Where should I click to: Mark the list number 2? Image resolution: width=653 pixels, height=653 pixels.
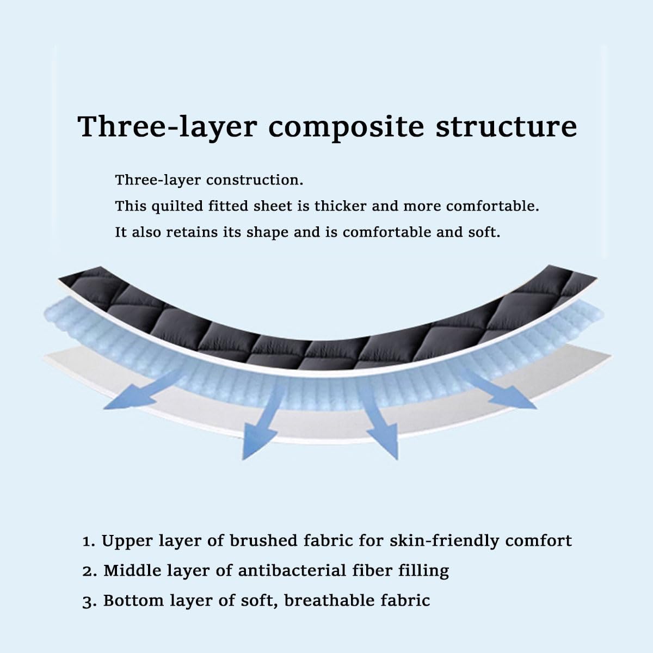pyautogui.click(x=88, y=571)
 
